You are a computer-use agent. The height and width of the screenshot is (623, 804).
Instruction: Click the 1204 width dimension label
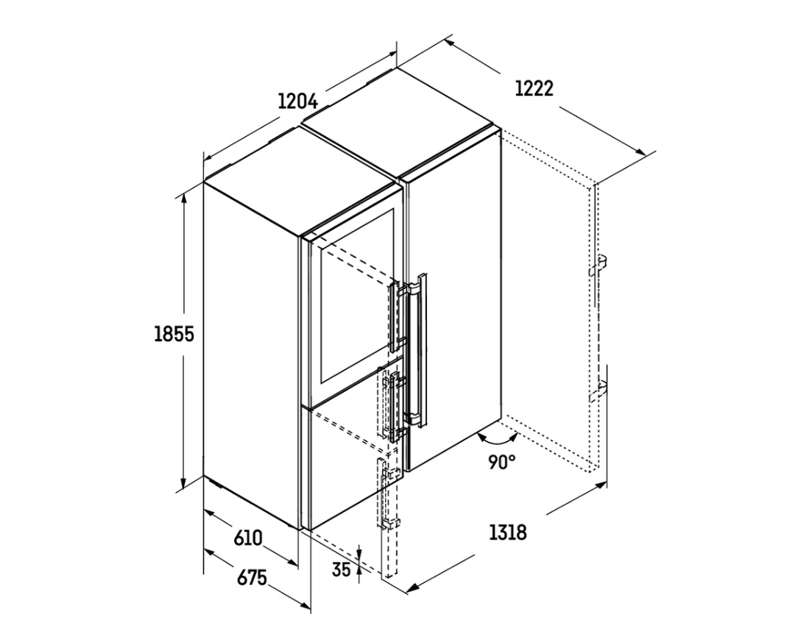tap(297, 101)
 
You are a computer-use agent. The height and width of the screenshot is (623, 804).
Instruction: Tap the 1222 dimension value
tap(535, 89)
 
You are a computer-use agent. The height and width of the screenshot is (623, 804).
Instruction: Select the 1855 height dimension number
tap(174, 334)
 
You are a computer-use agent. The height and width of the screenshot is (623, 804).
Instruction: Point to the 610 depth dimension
tap(247, 538)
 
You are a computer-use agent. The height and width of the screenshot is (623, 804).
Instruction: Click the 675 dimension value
tap(252, 578)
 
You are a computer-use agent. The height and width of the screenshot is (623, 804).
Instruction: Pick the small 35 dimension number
tap(341, 569)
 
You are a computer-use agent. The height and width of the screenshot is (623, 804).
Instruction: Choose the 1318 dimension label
tap(507, 533)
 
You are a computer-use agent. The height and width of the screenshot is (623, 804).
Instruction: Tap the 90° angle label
tap(501, 462)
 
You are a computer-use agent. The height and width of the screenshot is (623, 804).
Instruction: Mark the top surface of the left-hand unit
tap(303, 180)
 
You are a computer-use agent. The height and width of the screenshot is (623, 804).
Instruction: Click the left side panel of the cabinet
tap(250, 354)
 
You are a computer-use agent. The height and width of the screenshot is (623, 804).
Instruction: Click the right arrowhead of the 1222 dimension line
tap(641, 151)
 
